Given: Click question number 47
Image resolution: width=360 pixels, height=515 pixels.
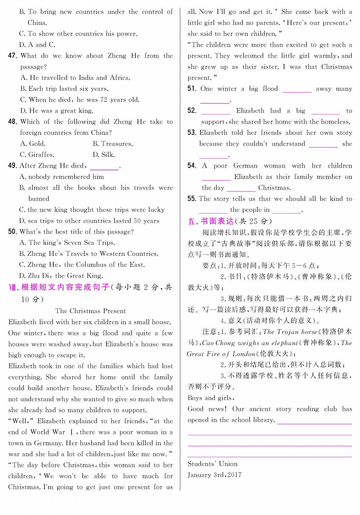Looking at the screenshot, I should tap(13, 56).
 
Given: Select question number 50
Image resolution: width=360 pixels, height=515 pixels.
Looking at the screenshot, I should tap(13, 232).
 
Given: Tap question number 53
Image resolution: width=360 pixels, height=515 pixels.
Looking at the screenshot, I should tap(192, 133).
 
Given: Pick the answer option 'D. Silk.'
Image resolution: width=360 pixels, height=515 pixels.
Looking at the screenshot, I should tap(104, 155).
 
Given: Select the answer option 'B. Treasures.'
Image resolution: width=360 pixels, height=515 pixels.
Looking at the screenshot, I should tap(113, 144).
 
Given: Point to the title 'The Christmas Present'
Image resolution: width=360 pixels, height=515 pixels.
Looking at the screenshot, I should tap(90, 311).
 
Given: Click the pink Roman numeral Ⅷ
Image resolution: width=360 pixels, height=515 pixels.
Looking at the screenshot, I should tap(14, 287).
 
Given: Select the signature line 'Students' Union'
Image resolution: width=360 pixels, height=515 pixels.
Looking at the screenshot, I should tap(212, 464).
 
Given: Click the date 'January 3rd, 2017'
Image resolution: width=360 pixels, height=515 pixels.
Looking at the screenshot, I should tap(214, 475).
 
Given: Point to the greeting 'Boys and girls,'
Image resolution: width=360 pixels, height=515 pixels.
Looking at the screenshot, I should tap(211, 398).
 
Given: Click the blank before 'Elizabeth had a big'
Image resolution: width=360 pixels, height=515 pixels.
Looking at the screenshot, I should tap(216, 111).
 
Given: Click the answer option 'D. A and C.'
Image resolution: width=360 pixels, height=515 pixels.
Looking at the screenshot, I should tap(37, 45).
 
